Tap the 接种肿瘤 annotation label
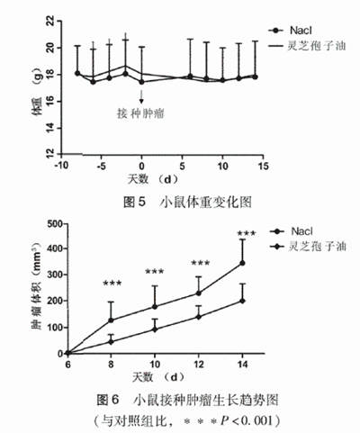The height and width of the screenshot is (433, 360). click(141, 113)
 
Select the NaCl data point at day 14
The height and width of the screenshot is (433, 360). click(242, 263)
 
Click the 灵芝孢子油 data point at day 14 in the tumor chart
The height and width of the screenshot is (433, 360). click(242, 301)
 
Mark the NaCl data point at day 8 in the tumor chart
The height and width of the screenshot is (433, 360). click(112, 320)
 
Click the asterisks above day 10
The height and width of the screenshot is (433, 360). click(155, 272)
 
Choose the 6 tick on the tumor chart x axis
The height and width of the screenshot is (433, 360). click(67, 365)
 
